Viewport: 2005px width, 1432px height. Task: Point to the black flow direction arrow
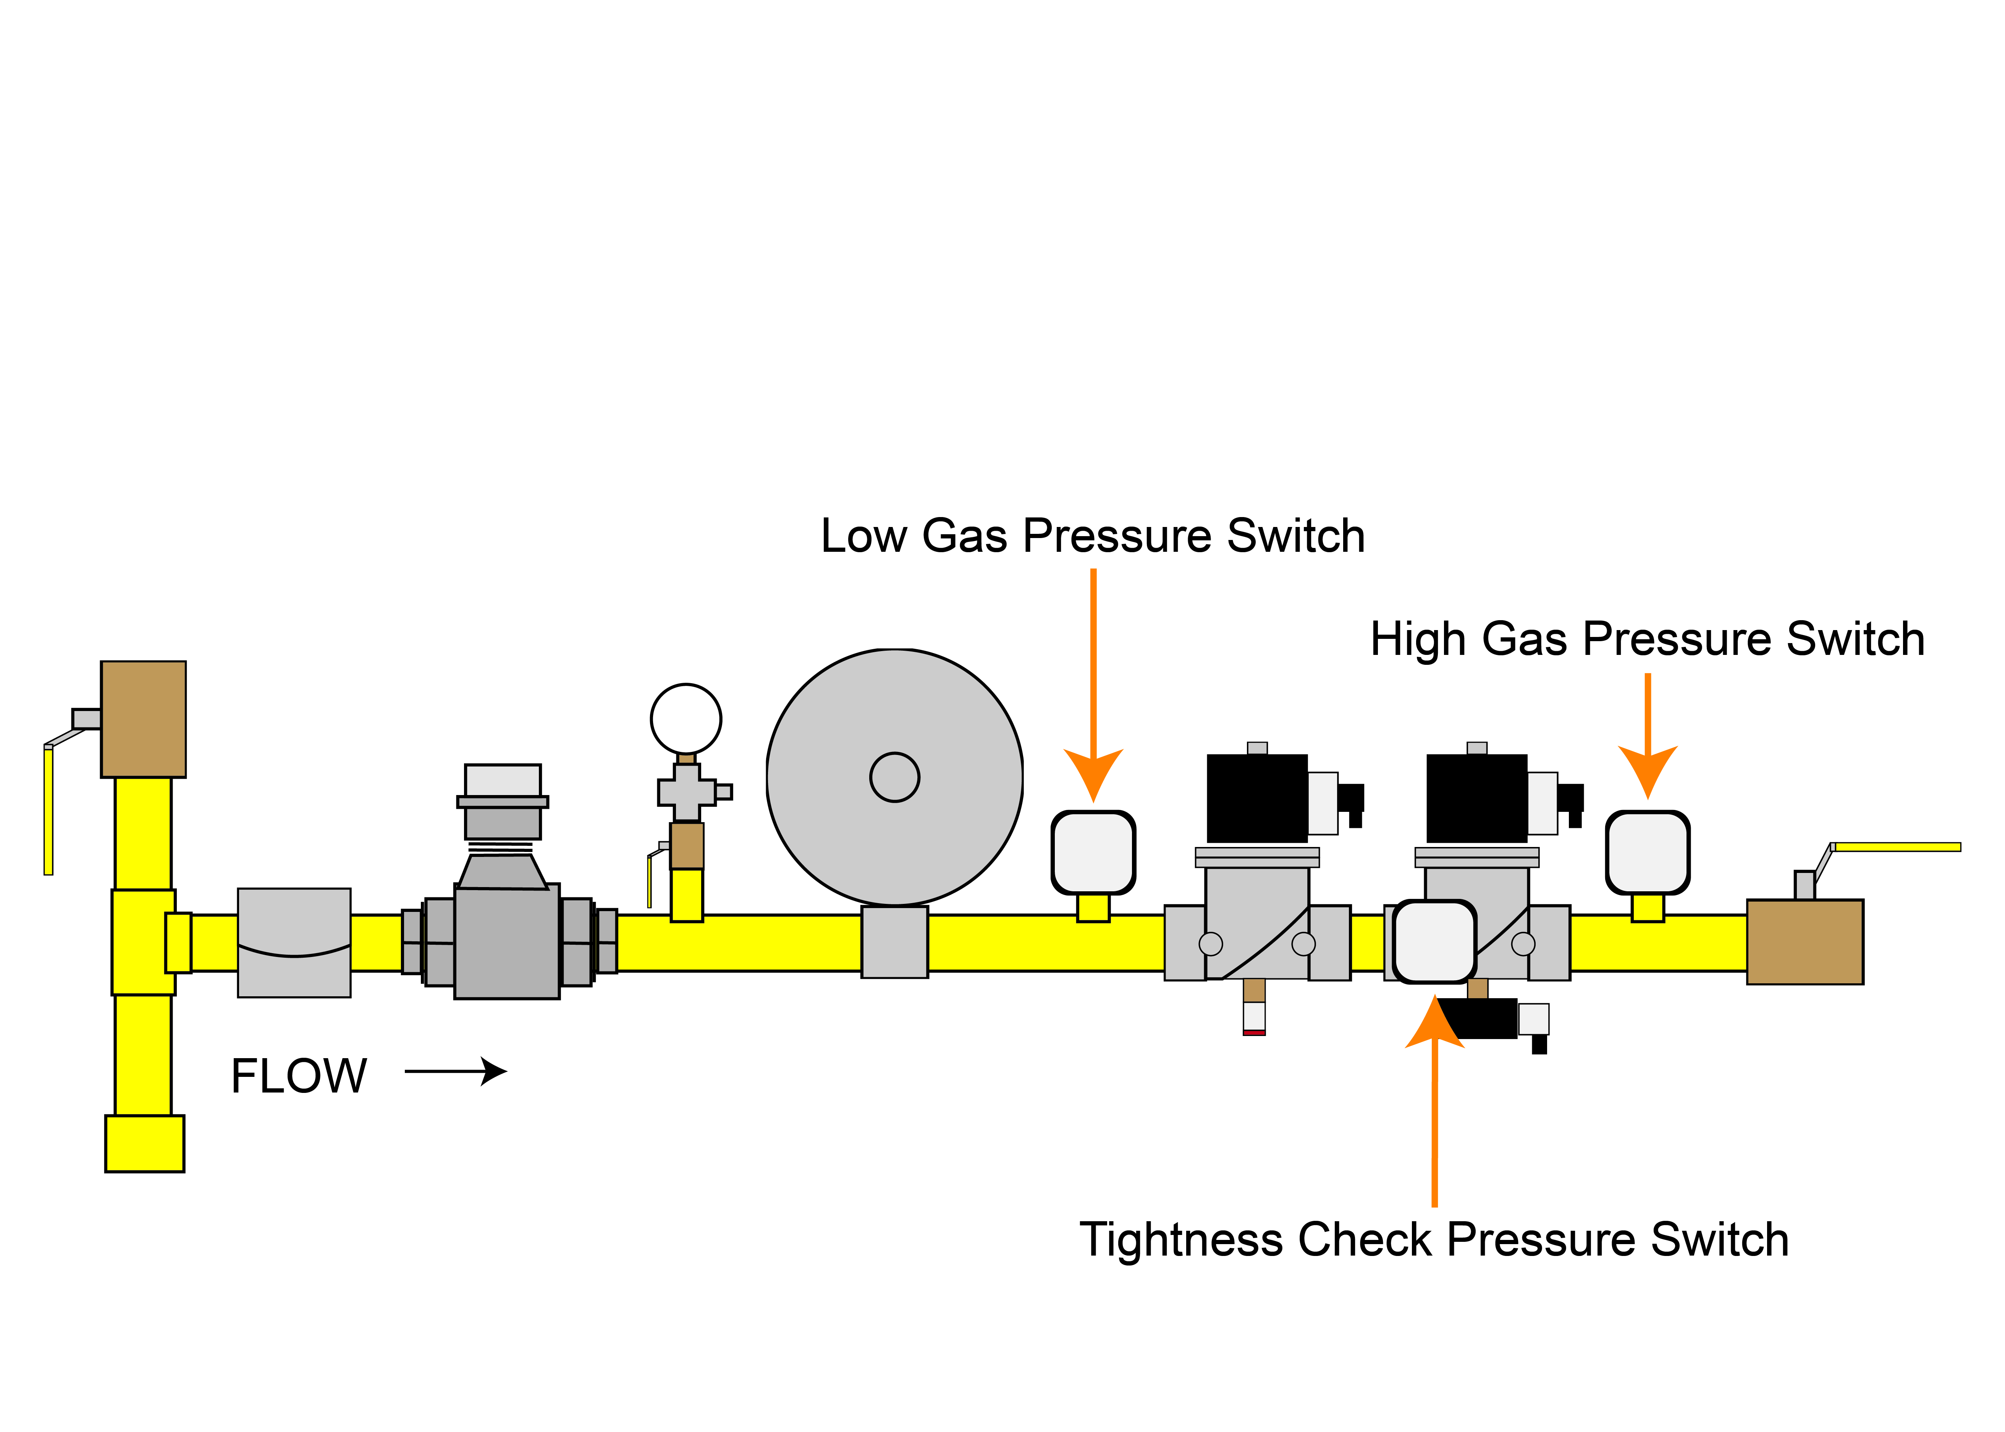click(456, 1072)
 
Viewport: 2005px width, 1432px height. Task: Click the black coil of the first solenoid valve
click(1256, 798)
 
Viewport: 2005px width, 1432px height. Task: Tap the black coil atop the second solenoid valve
click(1476, 798)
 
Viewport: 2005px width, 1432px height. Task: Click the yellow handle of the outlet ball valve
click(1896, 847)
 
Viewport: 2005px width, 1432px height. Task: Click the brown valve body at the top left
click(143, 719)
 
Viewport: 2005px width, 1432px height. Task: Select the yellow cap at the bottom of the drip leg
click(145, 1144)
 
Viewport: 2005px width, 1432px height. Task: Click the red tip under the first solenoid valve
click(1254, 1032)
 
